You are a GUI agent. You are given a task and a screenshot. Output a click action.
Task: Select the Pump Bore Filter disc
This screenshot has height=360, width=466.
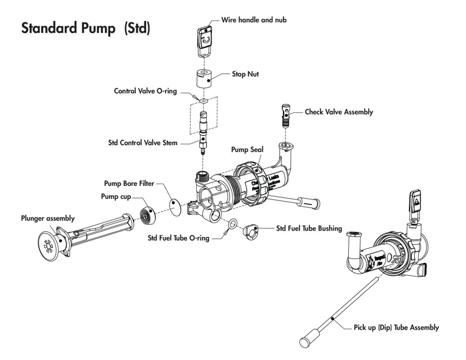click(176, 207)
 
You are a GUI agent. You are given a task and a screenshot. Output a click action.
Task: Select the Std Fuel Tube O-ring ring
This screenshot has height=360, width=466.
click(232, 224)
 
